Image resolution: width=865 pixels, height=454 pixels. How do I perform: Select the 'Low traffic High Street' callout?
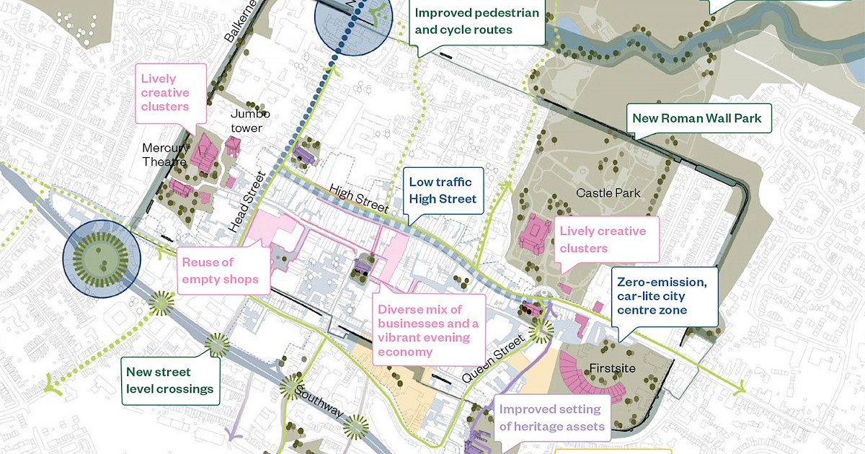[x=443, y=190]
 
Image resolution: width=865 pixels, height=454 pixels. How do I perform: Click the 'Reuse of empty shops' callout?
[x=219, y=270]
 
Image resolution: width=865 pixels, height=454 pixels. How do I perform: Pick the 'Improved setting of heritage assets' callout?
[x=551, y=417]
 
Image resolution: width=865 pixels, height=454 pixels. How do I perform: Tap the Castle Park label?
[x=608, y=193]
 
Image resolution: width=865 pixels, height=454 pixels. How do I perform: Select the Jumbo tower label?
[x=250, y=121]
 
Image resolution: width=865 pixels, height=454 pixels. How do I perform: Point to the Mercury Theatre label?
[x=165, y=154]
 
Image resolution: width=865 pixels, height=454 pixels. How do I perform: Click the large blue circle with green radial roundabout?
[x=100, y=254]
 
